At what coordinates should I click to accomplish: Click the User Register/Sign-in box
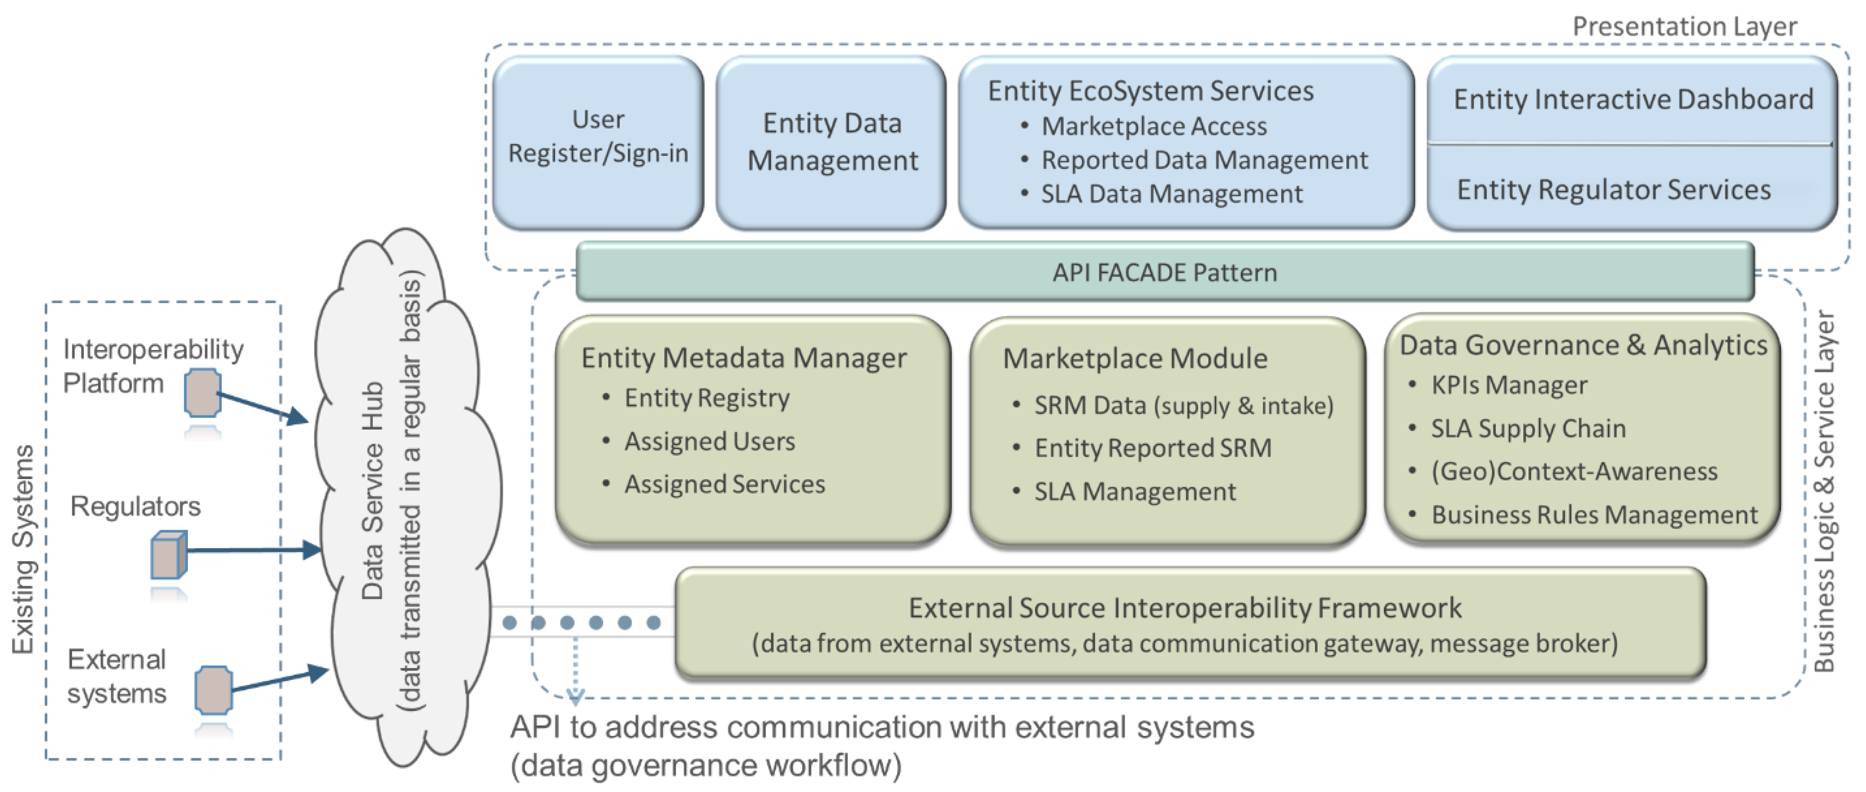tap(598, 143)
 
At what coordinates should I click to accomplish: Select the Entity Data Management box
tap(832, 143)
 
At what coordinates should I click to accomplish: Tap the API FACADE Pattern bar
tap(1164, 272)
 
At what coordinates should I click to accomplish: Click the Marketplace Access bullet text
tap(1154, 127)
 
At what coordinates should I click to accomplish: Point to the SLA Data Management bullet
tap(1171, 194)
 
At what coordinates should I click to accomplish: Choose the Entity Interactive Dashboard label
tap(1633, 99)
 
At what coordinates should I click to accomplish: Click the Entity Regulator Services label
tap(1614, 190)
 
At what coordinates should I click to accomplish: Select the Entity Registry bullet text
tap(707, 398)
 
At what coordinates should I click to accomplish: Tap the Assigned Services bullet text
tap(724, 484)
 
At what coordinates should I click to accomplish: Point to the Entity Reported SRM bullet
tap(1153, 448)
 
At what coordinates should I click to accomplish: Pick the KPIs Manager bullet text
tap(1509, 385)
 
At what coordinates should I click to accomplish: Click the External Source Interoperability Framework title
tap(1185, 608)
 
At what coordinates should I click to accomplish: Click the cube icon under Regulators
tap(169, 555)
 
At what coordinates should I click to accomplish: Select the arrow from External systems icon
tap(279, 679)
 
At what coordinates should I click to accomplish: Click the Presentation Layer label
tap(1684, 27)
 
